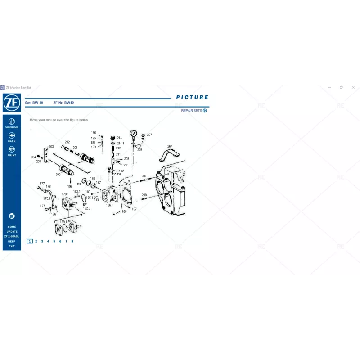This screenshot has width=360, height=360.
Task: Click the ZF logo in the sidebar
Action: [x=12, y=103]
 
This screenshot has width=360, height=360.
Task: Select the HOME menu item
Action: [x=12, y=227]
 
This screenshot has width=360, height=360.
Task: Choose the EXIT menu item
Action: [x=12, y=246]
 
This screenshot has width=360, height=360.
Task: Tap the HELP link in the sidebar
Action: [x=12, y=241]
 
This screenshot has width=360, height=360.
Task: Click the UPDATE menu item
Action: [x=12, y=232]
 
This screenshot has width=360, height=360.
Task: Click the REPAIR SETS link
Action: [x=192, y=111]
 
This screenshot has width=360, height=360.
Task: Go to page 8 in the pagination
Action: [x=72, y=241]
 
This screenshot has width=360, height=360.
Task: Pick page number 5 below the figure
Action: [x=54, y=241]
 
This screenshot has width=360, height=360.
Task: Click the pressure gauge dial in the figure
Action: [x=134, y=133]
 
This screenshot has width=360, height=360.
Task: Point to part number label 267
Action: [x=170, y=146]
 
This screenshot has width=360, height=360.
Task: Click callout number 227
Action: [x=149, y=135]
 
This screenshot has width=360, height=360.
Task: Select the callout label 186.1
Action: [x=109, y=205]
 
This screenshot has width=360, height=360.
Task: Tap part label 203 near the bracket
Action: [x=51, y=147]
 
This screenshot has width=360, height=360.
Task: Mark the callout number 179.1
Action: [x=63, y=222]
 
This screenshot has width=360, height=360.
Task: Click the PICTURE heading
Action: [x=192, y=97]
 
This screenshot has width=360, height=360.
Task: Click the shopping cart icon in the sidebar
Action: [x=12, y=216]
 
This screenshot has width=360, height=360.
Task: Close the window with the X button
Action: [x=353, y=87]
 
